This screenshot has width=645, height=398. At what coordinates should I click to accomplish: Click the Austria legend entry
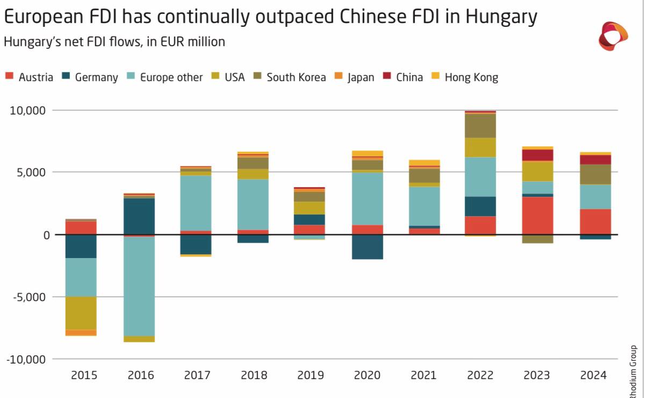[30, 77]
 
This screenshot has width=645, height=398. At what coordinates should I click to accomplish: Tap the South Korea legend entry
[290, 77]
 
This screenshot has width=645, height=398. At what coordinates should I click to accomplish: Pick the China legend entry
[404, 77]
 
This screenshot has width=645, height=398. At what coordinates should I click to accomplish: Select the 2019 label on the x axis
[311, 375]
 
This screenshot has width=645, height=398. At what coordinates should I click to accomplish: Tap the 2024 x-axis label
[593, 375]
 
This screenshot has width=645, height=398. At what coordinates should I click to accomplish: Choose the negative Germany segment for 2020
[367, 247]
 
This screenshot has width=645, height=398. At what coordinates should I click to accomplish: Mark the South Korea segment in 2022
[480, 126]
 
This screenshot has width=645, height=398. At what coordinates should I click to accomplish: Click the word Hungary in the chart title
[501, 17]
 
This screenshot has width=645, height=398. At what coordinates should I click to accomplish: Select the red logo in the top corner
[613, 36]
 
